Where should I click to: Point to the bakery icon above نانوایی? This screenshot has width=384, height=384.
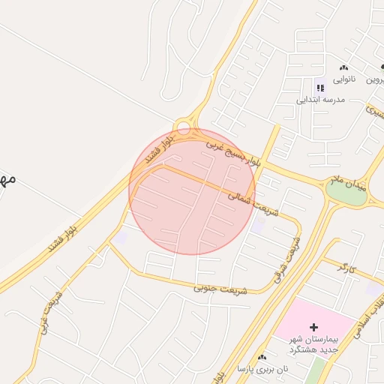(x=343, y=67)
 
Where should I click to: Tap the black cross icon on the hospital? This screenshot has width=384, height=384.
(x=313, y=327)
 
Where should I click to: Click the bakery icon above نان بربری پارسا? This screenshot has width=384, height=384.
(x=262, y=358)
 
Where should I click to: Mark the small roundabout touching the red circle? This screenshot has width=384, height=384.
(x=183, y=127)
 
